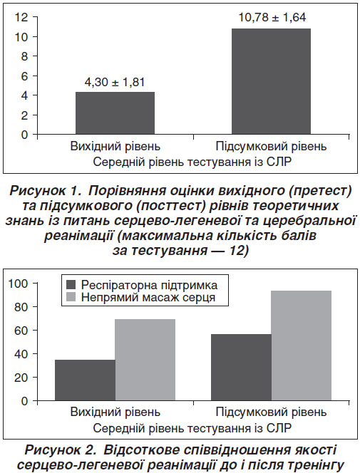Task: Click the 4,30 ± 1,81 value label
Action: pyautogui.click(x=114, y=82)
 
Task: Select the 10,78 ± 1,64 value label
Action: pyautogui.click(x=272, y=18)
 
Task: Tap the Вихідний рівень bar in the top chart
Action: pyautogui.click(x=115, y=113)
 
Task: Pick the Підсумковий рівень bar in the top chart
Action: pyautogui.click(x=271, y=81)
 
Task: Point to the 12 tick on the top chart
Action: pyautogui.click(x=21, y=17)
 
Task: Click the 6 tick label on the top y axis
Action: pyautogui.click(x=24, y=76)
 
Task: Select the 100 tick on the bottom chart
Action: pyautogui.click(x=18, y=284)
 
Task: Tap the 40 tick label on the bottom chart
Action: pyautogui.click(x=21, y=354)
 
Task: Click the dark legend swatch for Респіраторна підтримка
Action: pyautogui.click(x=71, y=284)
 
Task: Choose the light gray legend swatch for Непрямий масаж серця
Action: pyautogui.click(x=71, y=297)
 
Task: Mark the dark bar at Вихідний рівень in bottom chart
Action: pyautogui.click(x=85, y=380)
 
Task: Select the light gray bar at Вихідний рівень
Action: pyautogui.click(x=145, y=360)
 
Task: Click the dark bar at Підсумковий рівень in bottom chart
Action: pyautogui.click(x=241, y=368)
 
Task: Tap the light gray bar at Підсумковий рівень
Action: pyautogui.click(x=301, y=345)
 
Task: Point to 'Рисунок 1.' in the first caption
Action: pyautogui.click(x=46, y=191)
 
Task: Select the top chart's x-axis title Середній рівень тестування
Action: pyautogui.click(x=173, y=162)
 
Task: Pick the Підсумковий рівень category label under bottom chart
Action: pyautogui.click(x=271, y=412)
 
